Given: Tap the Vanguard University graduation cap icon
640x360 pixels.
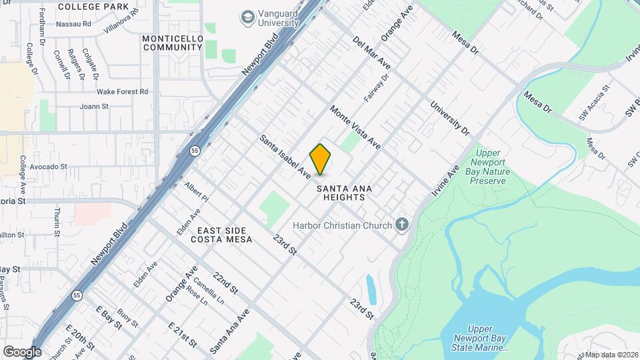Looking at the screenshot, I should tap(248, 16).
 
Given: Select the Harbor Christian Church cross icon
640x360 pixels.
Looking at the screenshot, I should tap(401, 225).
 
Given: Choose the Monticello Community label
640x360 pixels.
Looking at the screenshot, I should tap(173, 43).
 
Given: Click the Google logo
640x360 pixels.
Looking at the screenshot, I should tap(21, 351).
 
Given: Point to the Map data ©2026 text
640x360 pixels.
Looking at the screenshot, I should tap(609, 355).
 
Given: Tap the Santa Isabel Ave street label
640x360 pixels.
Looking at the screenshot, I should tap(285, 157).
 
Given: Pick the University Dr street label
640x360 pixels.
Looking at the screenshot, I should tap(446, 117).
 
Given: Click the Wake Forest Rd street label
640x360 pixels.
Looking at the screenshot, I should tap(122, 91).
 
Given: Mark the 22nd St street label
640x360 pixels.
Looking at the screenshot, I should tap(225, 283).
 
